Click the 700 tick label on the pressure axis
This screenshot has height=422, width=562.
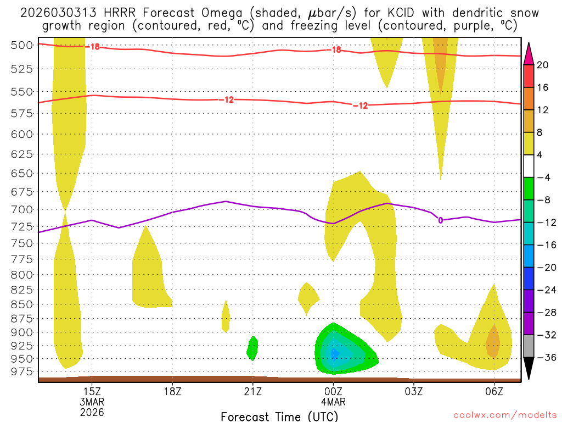coord(23,209)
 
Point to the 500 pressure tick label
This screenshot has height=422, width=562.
coord(23,45)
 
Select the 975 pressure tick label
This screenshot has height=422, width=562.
coord(23,372)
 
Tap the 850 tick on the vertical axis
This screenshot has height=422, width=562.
coord(23,304)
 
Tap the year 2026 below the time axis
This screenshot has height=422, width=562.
coord(92,412)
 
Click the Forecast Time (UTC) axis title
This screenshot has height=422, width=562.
coord(279,416)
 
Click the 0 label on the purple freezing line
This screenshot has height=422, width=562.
coord(440,220)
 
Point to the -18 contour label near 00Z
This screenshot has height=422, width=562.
coord(335,49)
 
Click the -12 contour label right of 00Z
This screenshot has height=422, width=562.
coord(360,105)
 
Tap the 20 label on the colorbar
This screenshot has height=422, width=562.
coord(543,65)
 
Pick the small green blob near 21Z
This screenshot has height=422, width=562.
coord(252,348)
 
